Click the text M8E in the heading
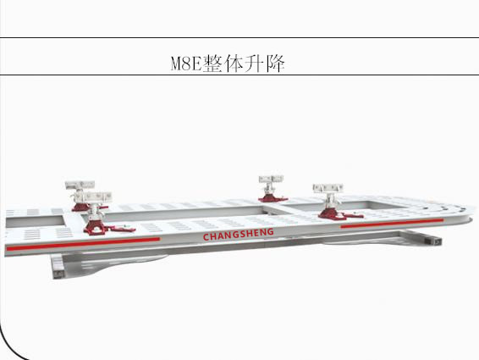tap(186, 64)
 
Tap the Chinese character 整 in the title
tap(212, 64)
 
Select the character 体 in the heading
tap(234, 64)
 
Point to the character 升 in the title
tap(254, 64)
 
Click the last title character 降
tap(275, 64)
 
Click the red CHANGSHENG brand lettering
tap(239, 235)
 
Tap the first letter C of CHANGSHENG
tap(206, 237)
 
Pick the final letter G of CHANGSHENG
tap(270, 232)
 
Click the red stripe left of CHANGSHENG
tap(83, 243)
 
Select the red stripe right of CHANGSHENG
tap(392, 224)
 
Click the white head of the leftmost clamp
tap(80, 185)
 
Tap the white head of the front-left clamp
tap(97, 197)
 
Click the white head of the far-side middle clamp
tap(271, 179)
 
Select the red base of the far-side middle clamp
tap(273, 198)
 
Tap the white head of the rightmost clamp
tap(328, 188)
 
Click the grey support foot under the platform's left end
tap(58, 267)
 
